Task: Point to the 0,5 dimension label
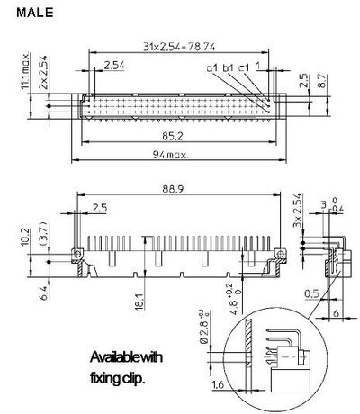coord(311,292)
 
